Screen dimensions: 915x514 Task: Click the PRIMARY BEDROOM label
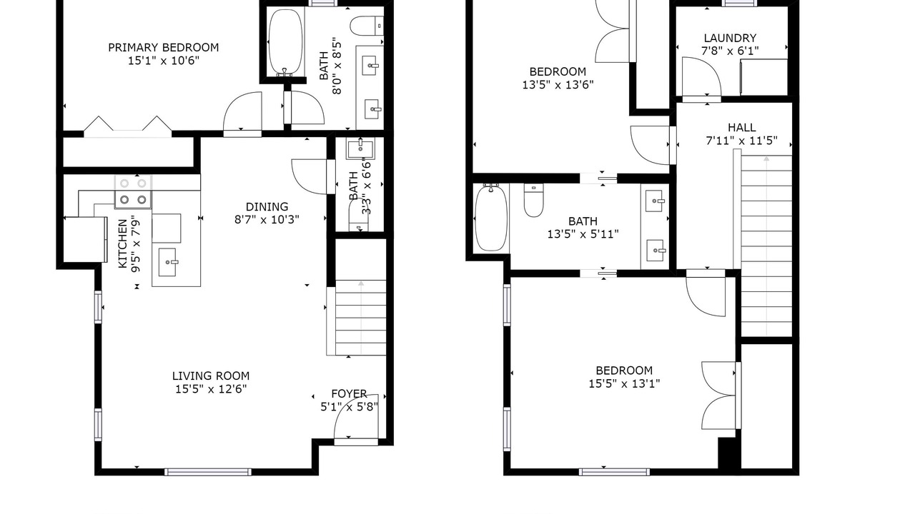tap(164, 47)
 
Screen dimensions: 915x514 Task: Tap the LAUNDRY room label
tap(730, 38)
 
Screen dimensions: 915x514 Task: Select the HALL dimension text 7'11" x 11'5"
tap(742, 141)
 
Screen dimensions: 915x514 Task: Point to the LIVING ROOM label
tap(211, 376)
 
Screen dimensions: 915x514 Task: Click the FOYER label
tap(349, 393)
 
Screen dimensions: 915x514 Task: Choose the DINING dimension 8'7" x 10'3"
tap(267, 219)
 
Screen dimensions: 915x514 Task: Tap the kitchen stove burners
tap(133, 192)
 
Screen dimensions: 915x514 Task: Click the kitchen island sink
tap(167, 262)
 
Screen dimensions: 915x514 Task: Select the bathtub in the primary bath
tap(286, 42)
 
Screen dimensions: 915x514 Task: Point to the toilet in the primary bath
tap(367, 26)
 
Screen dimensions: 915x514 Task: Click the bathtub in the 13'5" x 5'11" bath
tap(491, 218)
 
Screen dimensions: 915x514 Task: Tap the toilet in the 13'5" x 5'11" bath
tap(534, 201)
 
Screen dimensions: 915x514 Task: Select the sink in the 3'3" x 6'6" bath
tap(360, 149)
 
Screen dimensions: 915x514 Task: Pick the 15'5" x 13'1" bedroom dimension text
tap(624, 384)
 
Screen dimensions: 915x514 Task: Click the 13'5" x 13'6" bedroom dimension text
tap(558, 85)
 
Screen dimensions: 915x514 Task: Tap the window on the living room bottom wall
tap(208, 472)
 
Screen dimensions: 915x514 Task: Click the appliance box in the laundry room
tap(764, 77)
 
